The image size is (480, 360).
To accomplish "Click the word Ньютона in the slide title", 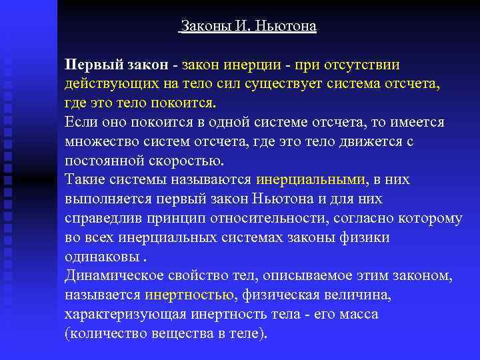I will [x=287, y=27].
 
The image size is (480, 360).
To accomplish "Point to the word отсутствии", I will [x=361, y=66].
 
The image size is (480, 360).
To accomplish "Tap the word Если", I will [x=81, y=123].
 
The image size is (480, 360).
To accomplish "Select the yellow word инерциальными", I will [x=311, y=180].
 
